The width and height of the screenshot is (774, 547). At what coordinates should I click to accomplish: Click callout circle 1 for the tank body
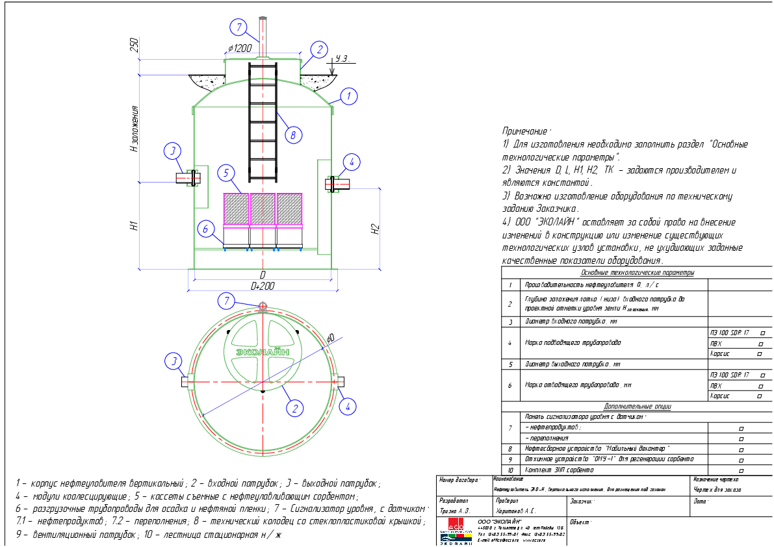click(348, 97)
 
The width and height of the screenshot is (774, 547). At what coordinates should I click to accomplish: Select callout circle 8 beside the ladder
click(293, 135)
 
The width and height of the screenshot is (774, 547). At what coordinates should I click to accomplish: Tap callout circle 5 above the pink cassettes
click(226, 173)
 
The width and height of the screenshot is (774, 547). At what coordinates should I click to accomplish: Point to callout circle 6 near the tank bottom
click(205, 229)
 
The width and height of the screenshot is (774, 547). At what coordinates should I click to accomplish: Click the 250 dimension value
click(135, 45)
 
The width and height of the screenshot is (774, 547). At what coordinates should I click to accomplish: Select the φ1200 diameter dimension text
click(240, 48)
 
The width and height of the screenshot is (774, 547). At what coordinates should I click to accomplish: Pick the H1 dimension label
click(134, 226)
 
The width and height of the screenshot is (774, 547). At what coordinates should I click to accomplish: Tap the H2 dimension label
click(374, 229)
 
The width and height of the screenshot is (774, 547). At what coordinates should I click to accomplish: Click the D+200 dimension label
click(263, 286)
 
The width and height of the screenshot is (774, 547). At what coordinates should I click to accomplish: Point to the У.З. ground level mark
click(342, 59)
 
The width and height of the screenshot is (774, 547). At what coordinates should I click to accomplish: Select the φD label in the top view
click(330, 338)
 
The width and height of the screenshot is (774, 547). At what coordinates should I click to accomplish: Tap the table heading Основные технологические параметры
click(637, 273)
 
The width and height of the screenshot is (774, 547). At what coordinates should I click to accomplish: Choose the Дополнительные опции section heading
click(637, 407)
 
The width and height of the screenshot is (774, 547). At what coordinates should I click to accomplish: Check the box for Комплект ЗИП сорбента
click(742, 470)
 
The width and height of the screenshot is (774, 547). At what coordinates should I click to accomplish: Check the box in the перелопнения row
click(742, 439)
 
